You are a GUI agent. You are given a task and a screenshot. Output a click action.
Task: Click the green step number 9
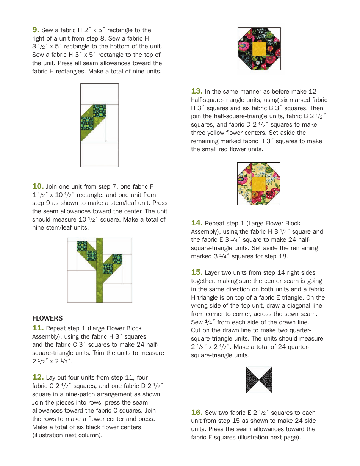tap(36, 30)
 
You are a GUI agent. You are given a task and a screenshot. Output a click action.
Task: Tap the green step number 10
tap(38, 186)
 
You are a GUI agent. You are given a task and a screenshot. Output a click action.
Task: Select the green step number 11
tap(38, 328)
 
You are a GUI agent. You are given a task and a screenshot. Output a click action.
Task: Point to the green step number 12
tap(38, 377)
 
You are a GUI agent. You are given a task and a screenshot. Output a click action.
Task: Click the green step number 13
tap(197, 91)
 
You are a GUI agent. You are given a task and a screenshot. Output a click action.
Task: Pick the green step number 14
tap(197, 223)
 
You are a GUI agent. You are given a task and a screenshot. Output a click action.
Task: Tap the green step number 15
tap(197, 272)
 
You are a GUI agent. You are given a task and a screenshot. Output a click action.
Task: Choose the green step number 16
tap(197, 413)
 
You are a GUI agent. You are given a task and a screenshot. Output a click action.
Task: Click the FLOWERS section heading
tap(47, 318)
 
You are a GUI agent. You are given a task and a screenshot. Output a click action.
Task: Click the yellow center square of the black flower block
tap(259, 49)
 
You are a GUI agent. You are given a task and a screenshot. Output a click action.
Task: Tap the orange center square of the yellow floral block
tap(258, 184)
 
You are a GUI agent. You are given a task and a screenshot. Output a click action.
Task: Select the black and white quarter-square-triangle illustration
tap(259, 380)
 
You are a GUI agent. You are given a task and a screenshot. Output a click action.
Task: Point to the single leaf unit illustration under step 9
tap(100, 125)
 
